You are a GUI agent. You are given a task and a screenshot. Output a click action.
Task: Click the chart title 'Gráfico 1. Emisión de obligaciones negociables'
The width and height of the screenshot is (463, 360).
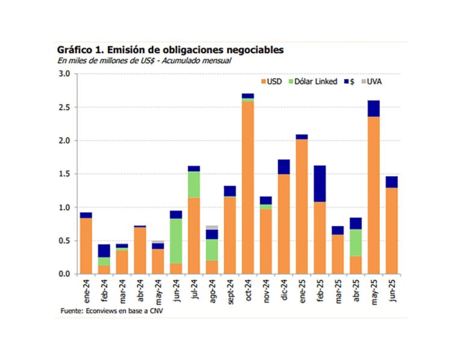(x=170, y=49)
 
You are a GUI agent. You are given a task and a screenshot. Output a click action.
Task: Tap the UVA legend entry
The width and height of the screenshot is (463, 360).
(x=373, y=81)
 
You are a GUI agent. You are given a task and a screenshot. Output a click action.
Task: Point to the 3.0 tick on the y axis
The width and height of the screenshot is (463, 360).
(x=65, y=74)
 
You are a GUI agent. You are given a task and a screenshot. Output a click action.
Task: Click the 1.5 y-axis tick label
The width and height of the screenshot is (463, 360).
(x=65, y=174)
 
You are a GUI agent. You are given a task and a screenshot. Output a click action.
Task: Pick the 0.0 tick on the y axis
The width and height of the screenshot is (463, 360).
(x=65, y=274)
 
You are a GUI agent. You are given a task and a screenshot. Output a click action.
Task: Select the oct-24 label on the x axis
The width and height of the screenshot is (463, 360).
(x=248, y=289)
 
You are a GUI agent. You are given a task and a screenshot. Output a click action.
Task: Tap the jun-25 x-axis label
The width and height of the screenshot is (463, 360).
(x=392, y=289)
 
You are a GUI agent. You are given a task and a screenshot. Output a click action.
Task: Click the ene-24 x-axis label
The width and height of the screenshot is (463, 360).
(x=86, y=289)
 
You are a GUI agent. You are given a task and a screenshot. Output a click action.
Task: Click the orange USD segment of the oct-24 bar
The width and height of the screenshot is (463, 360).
(x=248, y=188)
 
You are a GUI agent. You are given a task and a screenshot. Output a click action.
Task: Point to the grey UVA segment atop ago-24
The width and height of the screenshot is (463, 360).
(x=212, y=227)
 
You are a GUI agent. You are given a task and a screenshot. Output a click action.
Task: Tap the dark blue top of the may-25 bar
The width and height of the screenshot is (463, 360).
(x=374, y=109)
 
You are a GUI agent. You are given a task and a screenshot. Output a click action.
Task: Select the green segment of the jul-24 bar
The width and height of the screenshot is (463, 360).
(x=194, y=185)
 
